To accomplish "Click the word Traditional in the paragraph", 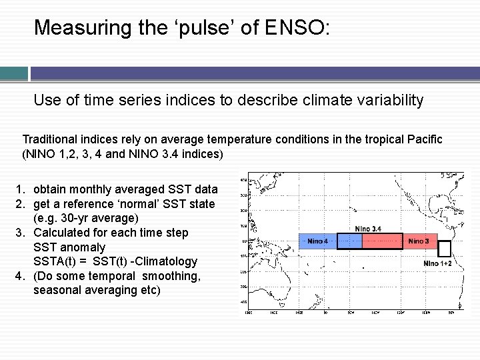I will click(49, 139).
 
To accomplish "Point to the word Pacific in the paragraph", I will click(423, 139).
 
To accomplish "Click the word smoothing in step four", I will click(169, 276).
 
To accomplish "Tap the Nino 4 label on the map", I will click(317, 241).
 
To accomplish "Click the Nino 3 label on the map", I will click(418, 241).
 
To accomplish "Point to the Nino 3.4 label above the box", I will click(368, 229).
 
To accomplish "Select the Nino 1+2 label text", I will click(437, 263).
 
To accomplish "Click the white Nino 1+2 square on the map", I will click(445, 249).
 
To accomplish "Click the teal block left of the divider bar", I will click(13, 73).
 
